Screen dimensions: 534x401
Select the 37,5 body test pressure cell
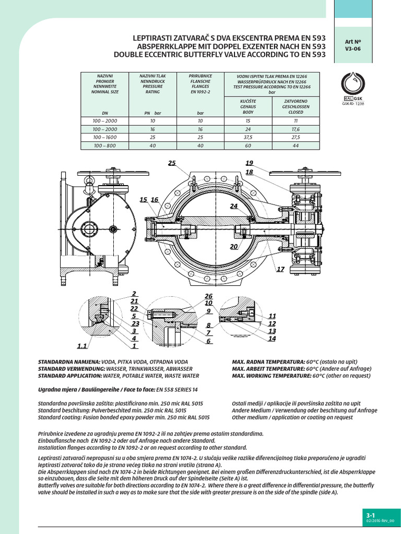click(248, 137)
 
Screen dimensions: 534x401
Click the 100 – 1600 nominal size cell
click(105, 137)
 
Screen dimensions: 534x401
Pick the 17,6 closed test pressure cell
click(296, 129)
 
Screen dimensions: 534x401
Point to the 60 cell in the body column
click(248, 145)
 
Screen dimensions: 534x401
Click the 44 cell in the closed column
click(296, 145)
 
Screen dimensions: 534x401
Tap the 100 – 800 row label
click(105, 145)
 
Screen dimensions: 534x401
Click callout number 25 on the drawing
click(172, 163)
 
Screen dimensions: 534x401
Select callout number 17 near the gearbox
click(280, 269)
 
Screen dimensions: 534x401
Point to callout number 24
click(234, 207)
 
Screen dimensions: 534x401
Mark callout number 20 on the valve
click(234, 246)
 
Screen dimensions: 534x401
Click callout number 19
click(249, 163)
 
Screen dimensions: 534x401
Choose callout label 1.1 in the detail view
click(82, 346)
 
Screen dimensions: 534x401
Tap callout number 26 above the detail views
click(209, 296)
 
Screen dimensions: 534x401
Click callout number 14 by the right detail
click(272, 339)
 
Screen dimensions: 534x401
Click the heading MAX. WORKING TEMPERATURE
click(268, 375)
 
